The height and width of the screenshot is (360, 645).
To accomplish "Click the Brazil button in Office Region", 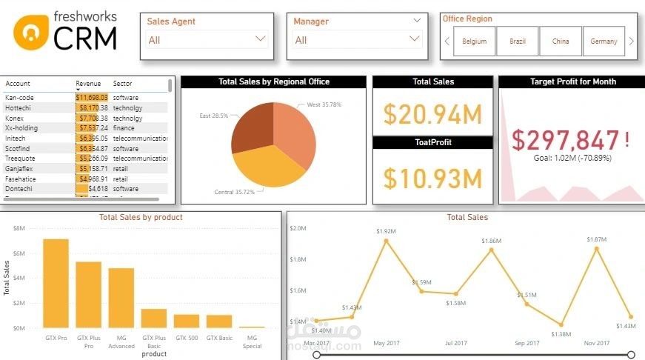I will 518,41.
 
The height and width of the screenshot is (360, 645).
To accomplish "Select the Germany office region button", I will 604,41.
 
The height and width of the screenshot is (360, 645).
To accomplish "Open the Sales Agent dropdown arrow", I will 260,39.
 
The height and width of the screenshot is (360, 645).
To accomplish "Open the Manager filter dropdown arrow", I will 415,39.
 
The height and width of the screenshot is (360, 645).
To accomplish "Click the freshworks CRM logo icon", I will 30,32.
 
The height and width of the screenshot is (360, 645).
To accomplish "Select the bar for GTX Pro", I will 56,283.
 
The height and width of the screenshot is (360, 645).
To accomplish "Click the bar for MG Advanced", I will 121,298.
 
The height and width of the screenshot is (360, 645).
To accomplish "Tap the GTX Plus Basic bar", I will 154,318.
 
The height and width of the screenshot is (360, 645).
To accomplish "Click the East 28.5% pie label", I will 214,116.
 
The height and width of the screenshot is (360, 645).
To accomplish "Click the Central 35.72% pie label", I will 234,192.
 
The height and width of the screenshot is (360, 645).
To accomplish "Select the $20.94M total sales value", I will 432,114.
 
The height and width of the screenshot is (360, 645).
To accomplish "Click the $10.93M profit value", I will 432,178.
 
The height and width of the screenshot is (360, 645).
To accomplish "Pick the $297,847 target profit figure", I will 567,139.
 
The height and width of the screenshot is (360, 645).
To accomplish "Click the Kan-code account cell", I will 20,97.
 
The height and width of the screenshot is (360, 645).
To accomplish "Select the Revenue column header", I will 88,84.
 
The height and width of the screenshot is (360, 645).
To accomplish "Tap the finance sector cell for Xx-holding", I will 124,127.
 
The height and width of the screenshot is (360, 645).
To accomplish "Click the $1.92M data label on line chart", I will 386,231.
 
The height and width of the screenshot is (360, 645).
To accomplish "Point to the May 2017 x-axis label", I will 386,343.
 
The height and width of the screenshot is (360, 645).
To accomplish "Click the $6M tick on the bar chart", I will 20,253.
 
